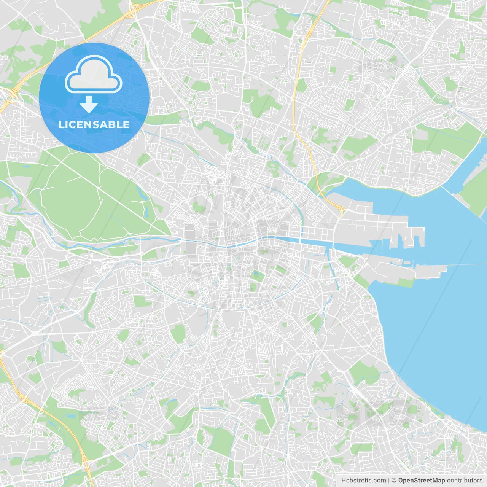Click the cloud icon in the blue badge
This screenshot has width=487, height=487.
94,75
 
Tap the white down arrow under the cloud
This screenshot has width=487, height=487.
89,105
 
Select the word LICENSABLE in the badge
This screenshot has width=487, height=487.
94,124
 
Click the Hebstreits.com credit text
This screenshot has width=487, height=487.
363,481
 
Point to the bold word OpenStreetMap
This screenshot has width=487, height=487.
421,481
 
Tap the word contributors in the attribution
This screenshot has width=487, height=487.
464,481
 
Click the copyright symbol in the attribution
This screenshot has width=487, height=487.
394,481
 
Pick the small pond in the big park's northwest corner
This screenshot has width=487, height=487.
27,166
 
